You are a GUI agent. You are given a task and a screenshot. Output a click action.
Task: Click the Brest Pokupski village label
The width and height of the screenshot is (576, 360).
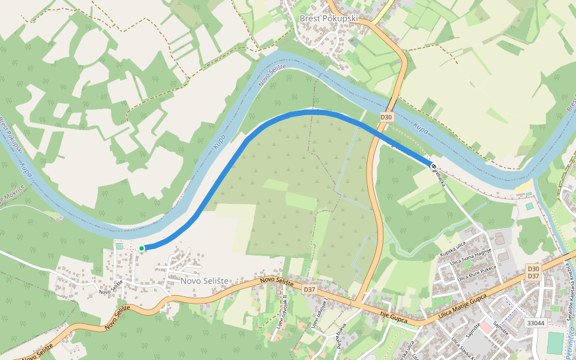[x=328, y=18]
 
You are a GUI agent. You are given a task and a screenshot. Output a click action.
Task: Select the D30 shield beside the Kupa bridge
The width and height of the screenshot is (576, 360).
[x=386, y=117]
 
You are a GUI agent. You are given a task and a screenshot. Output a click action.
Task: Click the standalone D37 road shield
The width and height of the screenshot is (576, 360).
[x=309, y=289]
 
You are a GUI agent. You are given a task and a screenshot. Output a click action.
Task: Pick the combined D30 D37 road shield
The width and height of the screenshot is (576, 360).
[x=533, y=272]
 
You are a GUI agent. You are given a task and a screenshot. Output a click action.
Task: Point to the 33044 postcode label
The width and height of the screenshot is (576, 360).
[x=535, y=323]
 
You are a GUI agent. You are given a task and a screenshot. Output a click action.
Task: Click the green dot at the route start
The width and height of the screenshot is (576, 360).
[x=142, y=248]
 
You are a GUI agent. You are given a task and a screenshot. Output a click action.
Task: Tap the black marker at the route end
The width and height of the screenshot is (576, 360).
[x=433, y=166]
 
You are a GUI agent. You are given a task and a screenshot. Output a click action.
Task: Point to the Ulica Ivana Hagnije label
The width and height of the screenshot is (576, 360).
[x=474, y=259]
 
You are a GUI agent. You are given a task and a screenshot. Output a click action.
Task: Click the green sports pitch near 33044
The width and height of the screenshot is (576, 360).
[x=556, y=343]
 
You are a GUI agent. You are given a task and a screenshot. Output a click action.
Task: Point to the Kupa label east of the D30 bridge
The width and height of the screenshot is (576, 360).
[x=421, y=128]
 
